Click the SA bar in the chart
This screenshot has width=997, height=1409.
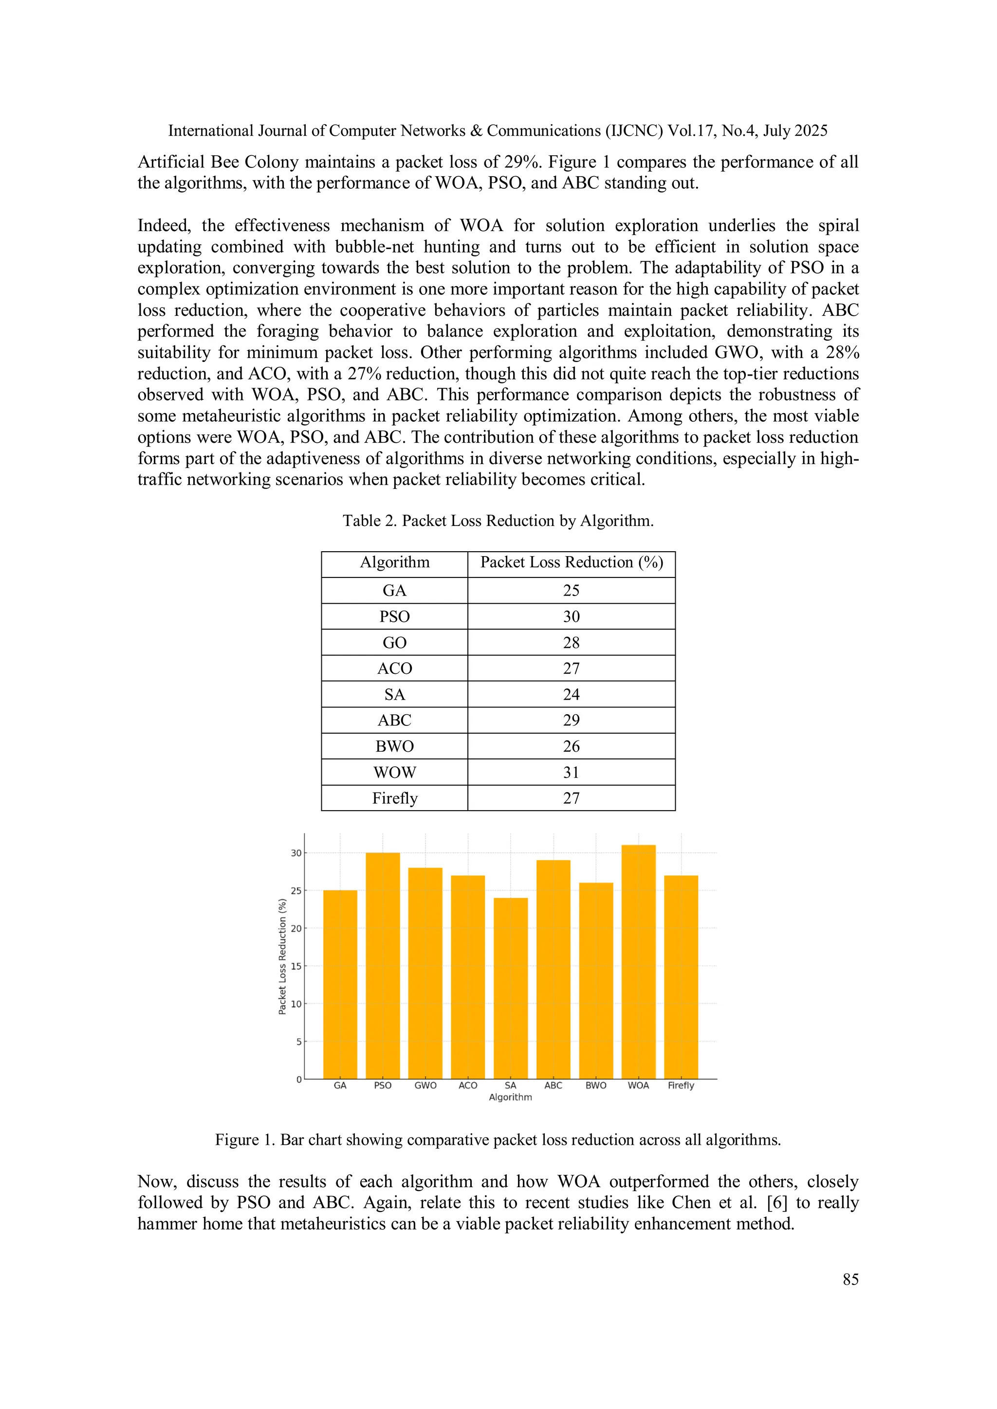(510, 989)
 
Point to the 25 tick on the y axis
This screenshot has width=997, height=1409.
(296, 890)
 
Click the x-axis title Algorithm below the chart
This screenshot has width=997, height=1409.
(510, 1097)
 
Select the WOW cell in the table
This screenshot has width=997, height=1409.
(395, 772)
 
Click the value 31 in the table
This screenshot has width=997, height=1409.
(571, 772)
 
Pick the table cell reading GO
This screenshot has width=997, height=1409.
(395, 643)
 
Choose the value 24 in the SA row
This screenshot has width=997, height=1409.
(571, 694)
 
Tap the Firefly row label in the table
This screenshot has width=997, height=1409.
(395, 798)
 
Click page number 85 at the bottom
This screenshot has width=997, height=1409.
(850, 1280)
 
